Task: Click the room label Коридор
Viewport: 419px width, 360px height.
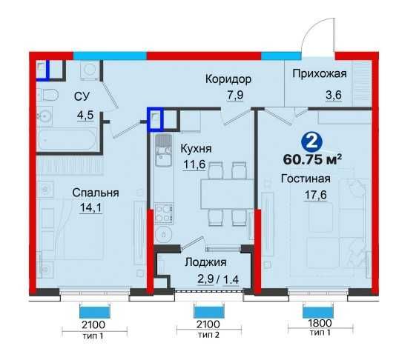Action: [228, 79]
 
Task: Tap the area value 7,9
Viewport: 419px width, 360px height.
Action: [235, 95]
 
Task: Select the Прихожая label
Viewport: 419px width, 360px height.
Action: [320, 73]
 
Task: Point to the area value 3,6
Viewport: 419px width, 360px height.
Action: [334, 95]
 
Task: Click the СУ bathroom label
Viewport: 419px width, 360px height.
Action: [82, 96]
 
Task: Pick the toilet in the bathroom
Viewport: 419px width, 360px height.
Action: [47, 95]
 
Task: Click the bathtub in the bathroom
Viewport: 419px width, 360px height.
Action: [67, 139]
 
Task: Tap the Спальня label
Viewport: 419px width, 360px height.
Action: [96, 193]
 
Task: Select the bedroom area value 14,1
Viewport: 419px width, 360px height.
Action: [91, 207]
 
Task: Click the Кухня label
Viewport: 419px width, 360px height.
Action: [196, 149]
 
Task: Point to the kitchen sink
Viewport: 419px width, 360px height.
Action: [164, 151]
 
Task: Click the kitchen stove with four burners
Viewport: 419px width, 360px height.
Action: [164, 213]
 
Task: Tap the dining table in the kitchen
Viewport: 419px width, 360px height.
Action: [227, 194]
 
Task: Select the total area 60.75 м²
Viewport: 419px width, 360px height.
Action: [312, 159]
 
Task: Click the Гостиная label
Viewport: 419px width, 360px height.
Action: [306, 179]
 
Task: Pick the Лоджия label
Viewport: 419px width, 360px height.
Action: [205, 262]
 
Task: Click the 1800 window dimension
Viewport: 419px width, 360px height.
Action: [320, 323]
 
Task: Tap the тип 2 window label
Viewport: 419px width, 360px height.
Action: [208, 334]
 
